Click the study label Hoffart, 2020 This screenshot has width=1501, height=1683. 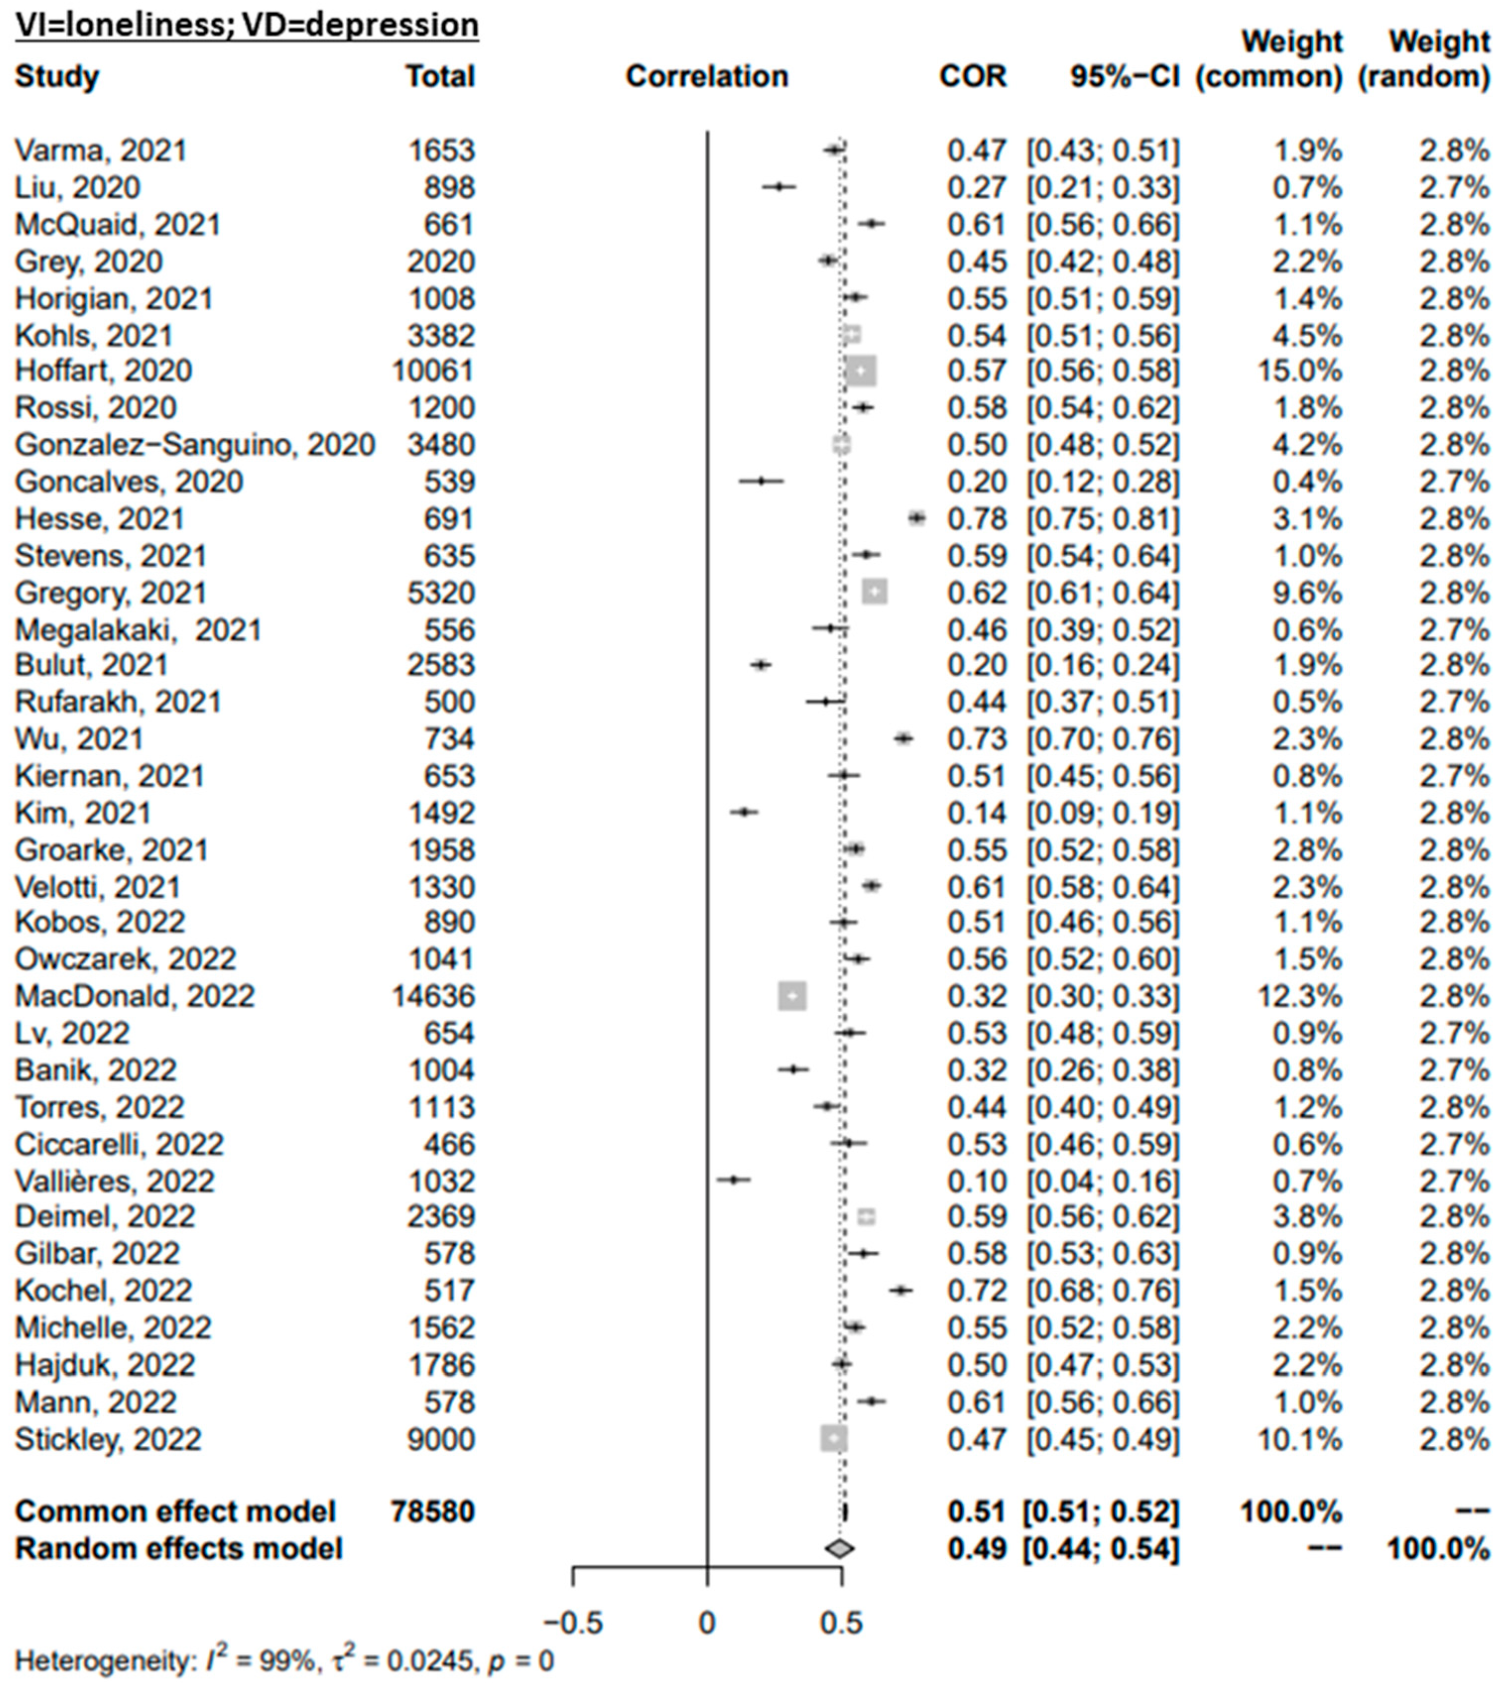(103, 371)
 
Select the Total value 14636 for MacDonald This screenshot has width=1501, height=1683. (433, 996)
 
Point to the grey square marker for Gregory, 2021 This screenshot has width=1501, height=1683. (874, 592)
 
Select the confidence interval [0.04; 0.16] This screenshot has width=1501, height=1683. (1103, 1181)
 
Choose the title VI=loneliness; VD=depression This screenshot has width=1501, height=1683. (246, 25)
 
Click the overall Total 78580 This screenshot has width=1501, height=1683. (433, 1511)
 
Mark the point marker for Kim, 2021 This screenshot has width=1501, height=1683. (744, 812)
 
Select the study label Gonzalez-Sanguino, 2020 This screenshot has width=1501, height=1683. (195, 445)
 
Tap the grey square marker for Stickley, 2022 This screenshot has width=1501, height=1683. (834, 1439)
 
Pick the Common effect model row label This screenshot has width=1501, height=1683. (175, 1511)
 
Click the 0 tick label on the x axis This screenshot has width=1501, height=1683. (707, 1622)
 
